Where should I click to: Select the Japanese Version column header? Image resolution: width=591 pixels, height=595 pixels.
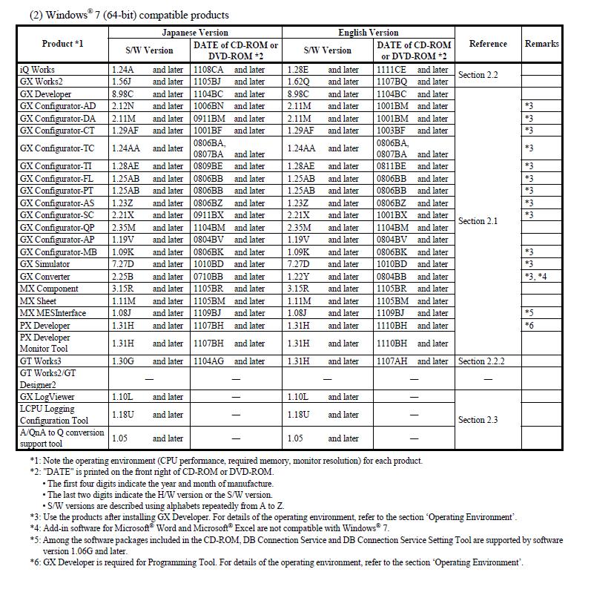[195, 33]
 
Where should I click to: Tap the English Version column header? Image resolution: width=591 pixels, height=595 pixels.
[368, 33]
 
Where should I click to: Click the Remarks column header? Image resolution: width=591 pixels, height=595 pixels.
[541, 44]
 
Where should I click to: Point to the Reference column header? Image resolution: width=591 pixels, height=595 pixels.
[488, 44]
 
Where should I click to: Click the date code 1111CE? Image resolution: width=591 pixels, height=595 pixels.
[391, 70]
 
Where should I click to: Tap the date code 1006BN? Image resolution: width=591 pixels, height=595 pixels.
[208, 106]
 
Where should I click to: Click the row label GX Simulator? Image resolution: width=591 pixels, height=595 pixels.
[45, 264]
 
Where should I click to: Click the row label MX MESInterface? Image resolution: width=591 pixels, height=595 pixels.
[53, 313]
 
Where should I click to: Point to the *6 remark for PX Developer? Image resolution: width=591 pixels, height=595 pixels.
[529, 325]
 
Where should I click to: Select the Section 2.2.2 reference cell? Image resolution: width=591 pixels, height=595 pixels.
[481, 361]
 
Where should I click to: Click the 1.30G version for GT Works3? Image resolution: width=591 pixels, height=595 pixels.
[123, 361]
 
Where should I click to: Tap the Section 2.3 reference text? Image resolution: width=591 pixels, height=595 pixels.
[478, 420]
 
